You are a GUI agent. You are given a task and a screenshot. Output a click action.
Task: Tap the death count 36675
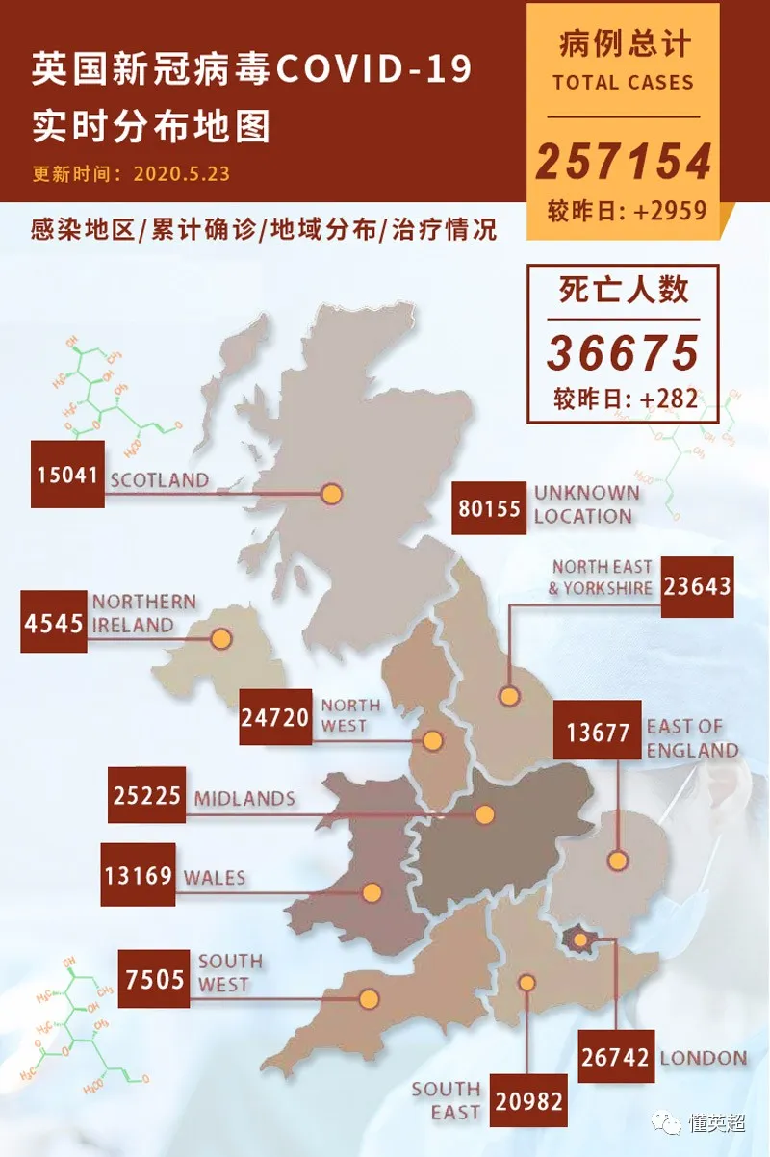[623, 353]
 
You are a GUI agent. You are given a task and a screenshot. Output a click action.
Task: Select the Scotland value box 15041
[67, 475]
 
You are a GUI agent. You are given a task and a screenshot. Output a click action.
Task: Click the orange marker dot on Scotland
[332, 494]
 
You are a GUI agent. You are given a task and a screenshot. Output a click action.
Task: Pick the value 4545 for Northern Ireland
[54, 622]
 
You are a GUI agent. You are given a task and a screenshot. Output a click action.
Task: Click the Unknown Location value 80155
[490, 507]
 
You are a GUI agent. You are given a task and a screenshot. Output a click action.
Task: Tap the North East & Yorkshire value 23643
[697, 586]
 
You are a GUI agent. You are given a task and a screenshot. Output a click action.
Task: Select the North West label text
[350, 715]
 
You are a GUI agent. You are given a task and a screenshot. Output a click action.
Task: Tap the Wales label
[215, 878]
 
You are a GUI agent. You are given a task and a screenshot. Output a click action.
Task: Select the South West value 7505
[155, 979]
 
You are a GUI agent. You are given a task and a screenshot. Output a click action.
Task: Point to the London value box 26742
[617, 1056]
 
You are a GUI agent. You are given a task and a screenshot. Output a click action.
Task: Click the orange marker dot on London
[579, 938]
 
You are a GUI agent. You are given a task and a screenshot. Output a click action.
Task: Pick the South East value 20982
[527, 1100]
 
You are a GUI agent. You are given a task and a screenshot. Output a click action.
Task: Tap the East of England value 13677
[598, 731]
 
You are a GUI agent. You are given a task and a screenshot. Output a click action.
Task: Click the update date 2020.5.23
[182, 174]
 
